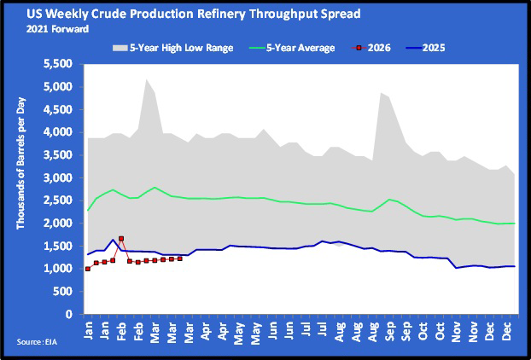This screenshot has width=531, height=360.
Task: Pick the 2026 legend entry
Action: click(377, 48)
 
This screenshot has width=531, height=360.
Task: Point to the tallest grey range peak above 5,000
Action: click(146, 79)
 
